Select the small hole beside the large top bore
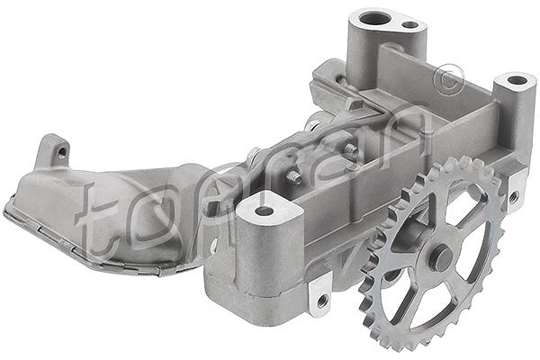pos(409,25)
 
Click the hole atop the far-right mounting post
pos(517,81)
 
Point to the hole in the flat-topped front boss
pos(264,211)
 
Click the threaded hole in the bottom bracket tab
pos(322,300)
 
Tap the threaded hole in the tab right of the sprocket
pos(513,197)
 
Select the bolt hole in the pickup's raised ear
pos(62,151)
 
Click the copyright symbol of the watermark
pos(449,79)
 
